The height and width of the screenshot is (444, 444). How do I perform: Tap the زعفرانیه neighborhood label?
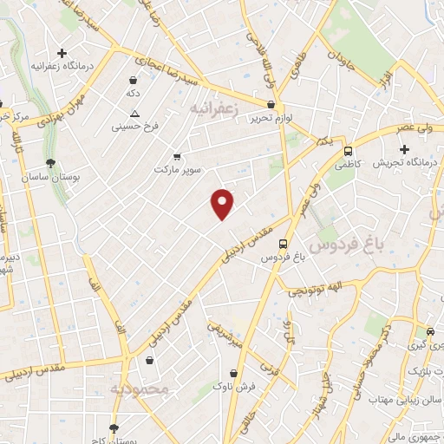(x=214, y=107)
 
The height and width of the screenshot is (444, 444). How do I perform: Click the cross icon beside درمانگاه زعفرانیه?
(x=62, y=53)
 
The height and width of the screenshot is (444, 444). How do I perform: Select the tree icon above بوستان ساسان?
(x=51, y=162)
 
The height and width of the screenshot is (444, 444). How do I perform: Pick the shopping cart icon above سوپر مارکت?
(x=177, y=156)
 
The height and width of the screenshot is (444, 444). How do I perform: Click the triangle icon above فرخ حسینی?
(x=134, y=114)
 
